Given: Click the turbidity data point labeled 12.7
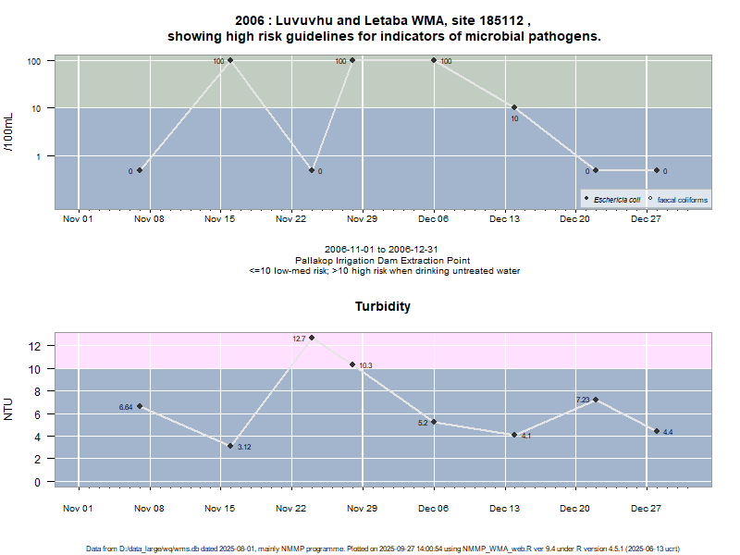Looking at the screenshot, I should point(312,338).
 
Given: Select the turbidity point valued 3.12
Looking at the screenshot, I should point(230,446).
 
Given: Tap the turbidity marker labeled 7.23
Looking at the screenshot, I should point(596,400).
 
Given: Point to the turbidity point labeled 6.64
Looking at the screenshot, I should point(140,406).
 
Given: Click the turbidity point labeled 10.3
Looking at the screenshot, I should point(352,364).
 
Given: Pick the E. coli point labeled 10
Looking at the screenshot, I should point(514,107).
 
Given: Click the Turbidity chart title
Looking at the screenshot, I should point(383,306).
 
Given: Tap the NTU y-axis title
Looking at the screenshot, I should point(8,408).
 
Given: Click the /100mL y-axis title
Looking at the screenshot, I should point(8,132).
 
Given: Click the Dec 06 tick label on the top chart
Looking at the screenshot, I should point(433,219).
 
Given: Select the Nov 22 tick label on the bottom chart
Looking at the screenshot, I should point(291,508).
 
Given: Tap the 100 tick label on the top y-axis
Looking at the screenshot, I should point(36,60).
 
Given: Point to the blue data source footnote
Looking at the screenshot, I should point(383,549).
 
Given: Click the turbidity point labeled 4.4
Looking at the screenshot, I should point(657,431).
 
